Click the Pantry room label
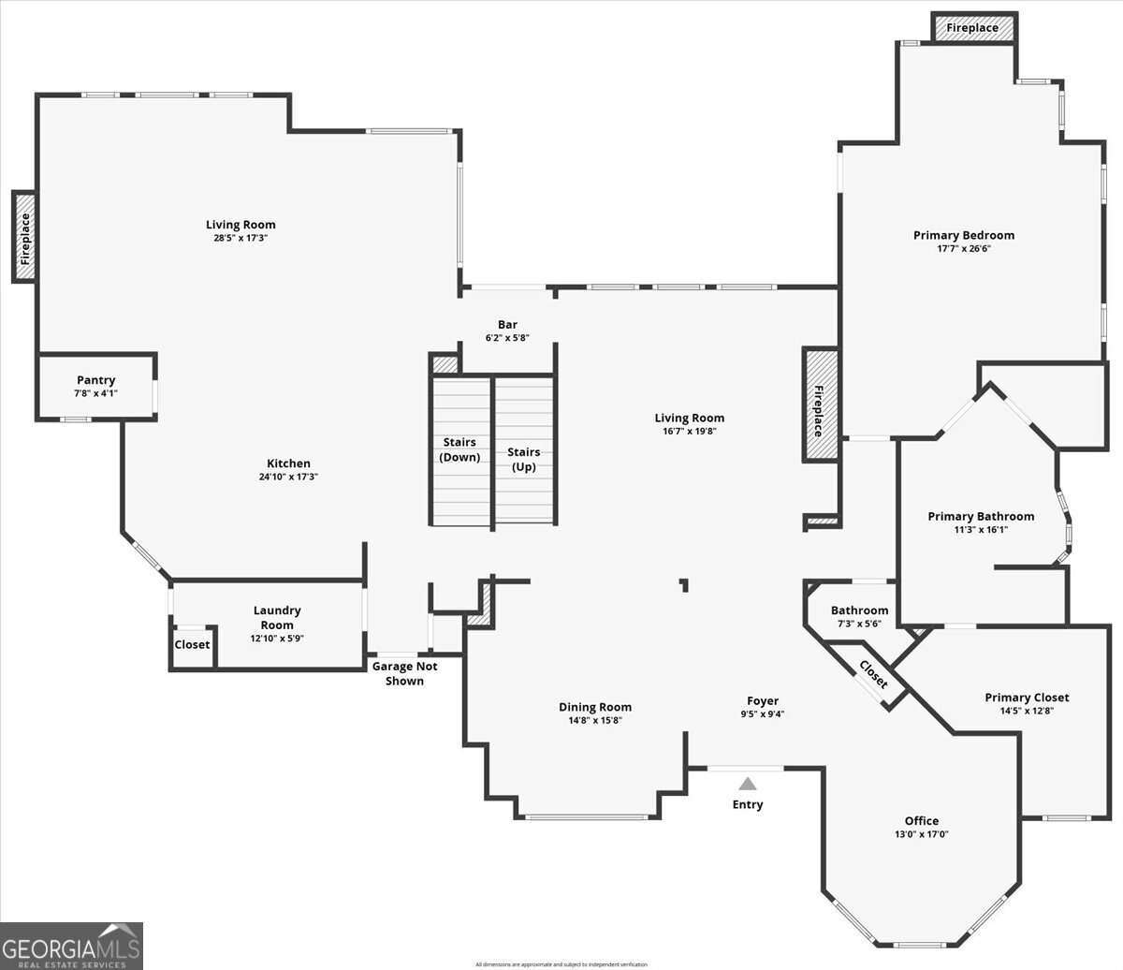click(x=95, y=380)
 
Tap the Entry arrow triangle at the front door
click(x=747, y=784)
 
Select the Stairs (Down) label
click(x=459, y=449)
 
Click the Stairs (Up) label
click(x=523, y=459)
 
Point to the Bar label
click(x=507, y=325)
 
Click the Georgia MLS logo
click(x=72, y=946)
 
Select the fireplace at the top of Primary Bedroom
click(x=972, y=28)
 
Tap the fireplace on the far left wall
click(x=25, y=236)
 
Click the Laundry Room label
click(x=277, y=617)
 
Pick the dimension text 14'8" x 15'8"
click(x=595, y=720)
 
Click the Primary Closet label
click(x=1027, y=698)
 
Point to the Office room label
click(x=921, y=821)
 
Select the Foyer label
click(x=762, y=700)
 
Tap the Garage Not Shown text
click(x=404, y=673)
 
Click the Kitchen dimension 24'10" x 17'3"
click(x=288, y=477)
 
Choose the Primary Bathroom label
click(x=981, y=516)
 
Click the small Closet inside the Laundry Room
click(x=192, y=645)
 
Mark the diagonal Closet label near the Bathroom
click(x=873, y=675)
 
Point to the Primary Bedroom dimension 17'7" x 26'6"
click(x=963, y=248)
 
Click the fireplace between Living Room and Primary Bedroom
click(x=819, y=404)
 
